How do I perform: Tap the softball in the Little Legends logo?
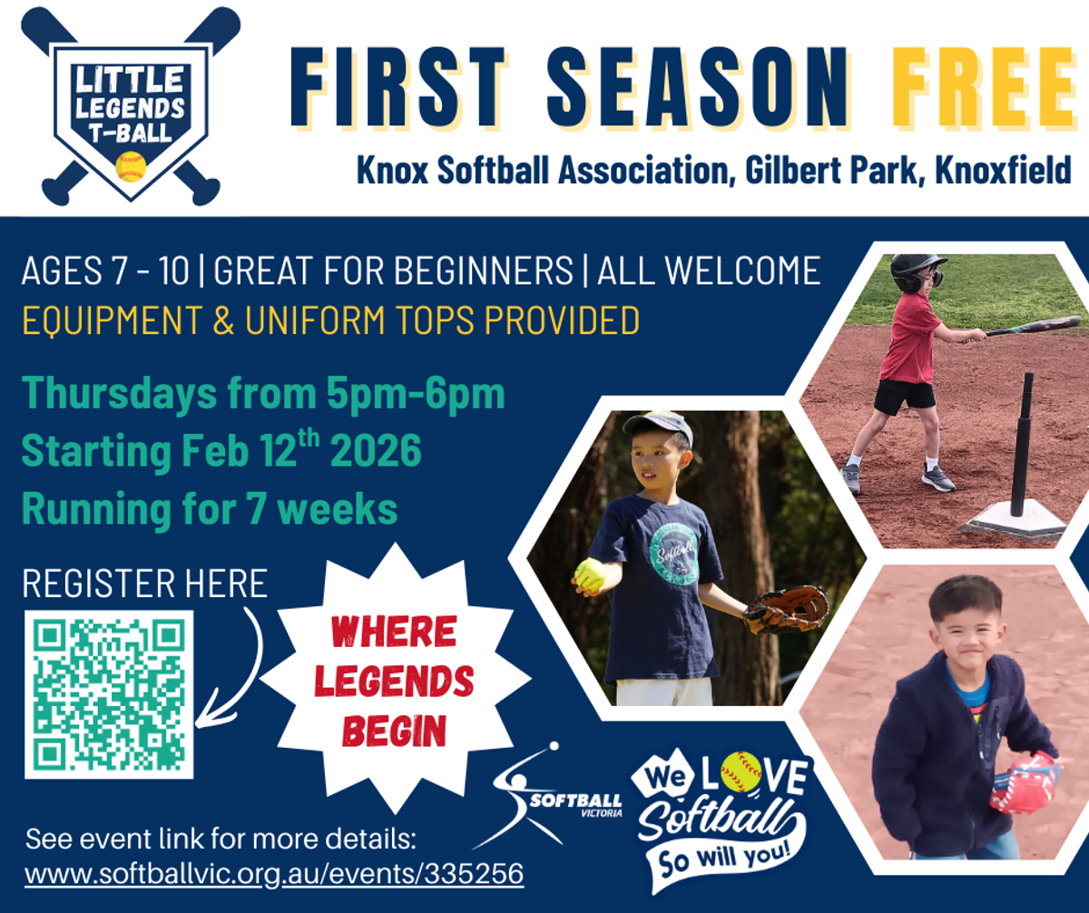[131, 167]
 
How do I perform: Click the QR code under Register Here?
[109, 694]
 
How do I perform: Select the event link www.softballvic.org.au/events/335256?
[274, 873]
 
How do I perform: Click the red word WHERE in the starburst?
[394, 632]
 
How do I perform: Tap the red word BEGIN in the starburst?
[394, 731]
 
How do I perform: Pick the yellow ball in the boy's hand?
[591, 574]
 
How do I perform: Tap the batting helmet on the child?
[917, 272]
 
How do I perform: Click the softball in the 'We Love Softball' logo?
[741, 772]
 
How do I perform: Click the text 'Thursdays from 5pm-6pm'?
[263, 395]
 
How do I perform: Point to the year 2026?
[376, 450]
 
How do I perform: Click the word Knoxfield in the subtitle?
[1003, 170]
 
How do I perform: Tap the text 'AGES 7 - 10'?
[105, 271]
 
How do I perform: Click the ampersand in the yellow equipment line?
[223, 319]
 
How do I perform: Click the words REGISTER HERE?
[144, 584]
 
